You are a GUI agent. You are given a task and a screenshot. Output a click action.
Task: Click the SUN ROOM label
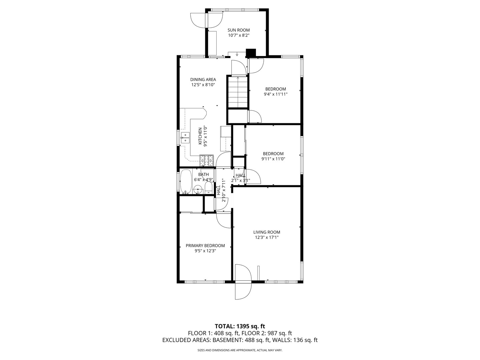[x=239, y=30]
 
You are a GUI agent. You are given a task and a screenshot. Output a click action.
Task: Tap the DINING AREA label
[x=203, y=80]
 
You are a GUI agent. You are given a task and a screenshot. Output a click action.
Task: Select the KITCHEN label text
[x=200, y=136]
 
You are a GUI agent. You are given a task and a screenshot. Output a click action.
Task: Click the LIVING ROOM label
[x=267, y=232]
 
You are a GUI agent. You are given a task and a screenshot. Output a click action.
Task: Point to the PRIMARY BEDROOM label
[x=205, y=245]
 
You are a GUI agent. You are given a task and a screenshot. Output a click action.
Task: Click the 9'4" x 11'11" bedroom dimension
[x=276, y=94]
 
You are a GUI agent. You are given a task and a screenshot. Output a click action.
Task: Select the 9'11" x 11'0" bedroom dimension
[x=273, y=159]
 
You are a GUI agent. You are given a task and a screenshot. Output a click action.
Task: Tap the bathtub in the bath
[x=186, y=181]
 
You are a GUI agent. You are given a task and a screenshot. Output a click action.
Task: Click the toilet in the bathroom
[x=209, y=188]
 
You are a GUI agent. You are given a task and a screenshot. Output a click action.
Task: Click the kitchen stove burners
[x=206, y=160]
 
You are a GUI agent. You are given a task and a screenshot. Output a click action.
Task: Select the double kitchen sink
[x=185, y=138]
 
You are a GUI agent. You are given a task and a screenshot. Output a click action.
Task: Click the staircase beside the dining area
[x=237, y=91]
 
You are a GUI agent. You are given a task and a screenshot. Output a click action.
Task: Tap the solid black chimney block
[x=251, y=53]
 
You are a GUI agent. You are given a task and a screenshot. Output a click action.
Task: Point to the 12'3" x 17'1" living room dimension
[x=267, y=237]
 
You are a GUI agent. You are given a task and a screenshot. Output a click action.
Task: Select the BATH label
[x=203, y=174]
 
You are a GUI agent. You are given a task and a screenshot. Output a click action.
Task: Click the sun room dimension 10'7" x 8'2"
[x=239, y=35]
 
